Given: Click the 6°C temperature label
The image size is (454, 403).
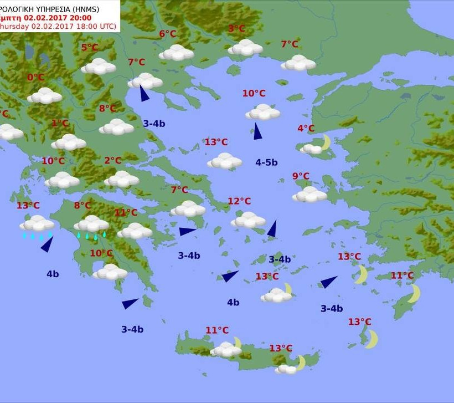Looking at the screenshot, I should tap(168, 34).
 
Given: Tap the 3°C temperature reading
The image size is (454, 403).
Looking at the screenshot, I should tap(236, 29).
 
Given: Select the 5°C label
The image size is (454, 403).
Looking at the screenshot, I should tap(90, 48).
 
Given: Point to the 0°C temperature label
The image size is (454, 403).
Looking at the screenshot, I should tap(35, 78).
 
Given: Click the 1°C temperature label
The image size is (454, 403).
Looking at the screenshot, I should tap(60, 123).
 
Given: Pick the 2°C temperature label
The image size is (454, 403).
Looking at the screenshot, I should tap(112, 161).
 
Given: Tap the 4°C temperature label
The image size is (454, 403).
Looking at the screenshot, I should tap(306, 129).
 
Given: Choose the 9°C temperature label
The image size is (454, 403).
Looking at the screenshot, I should tap(301, 176).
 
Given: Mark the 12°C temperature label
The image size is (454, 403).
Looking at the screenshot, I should tap(239, 201).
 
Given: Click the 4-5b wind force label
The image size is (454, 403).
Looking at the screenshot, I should tap(266, 162).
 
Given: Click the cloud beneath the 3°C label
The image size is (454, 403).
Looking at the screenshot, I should tap(245, 48).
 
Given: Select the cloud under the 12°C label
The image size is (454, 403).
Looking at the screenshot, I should tap(248, 220).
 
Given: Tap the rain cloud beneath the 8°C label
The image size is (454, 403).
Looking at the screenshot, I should tap(91, 225).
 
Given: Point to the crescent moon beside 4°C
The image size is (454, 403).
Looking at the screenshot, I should tap(326, 142).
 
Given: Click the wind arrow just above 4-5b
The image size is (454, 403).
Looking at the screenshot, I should tap(257, 131).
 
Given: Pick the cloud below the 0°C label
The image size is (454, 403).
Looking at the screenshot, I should tap(44, 95).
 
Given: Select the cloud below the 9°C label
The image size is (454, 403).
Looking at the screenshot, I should tap(309, 194).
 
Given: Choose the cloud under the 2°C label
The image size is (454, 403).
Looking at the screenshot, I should tap(121, 179).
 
